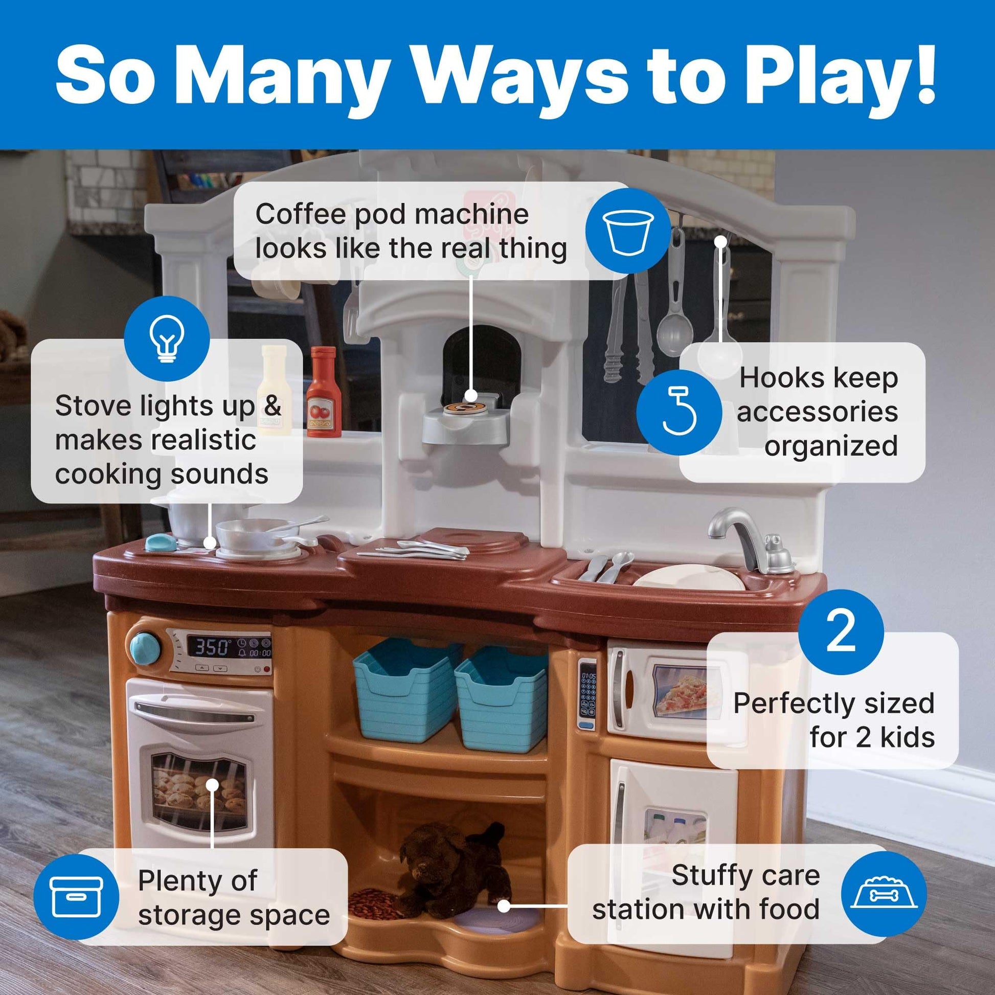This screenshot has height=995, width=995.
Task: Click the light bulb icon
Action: pos(167,338)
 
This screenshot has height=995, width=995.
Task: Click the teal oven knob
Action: pos(145,648)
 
